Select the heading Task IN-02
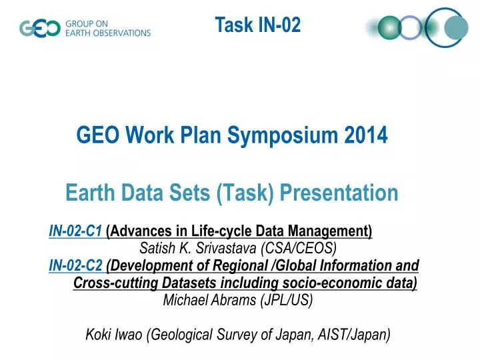[257, 25]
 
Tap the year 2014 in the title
[366, 135]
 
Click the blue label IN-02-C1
[75, 231]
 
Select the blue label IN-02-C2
[75, 266]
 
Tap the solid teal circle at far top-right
[456, 27]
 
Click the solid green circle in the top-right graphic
[388, 27]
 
